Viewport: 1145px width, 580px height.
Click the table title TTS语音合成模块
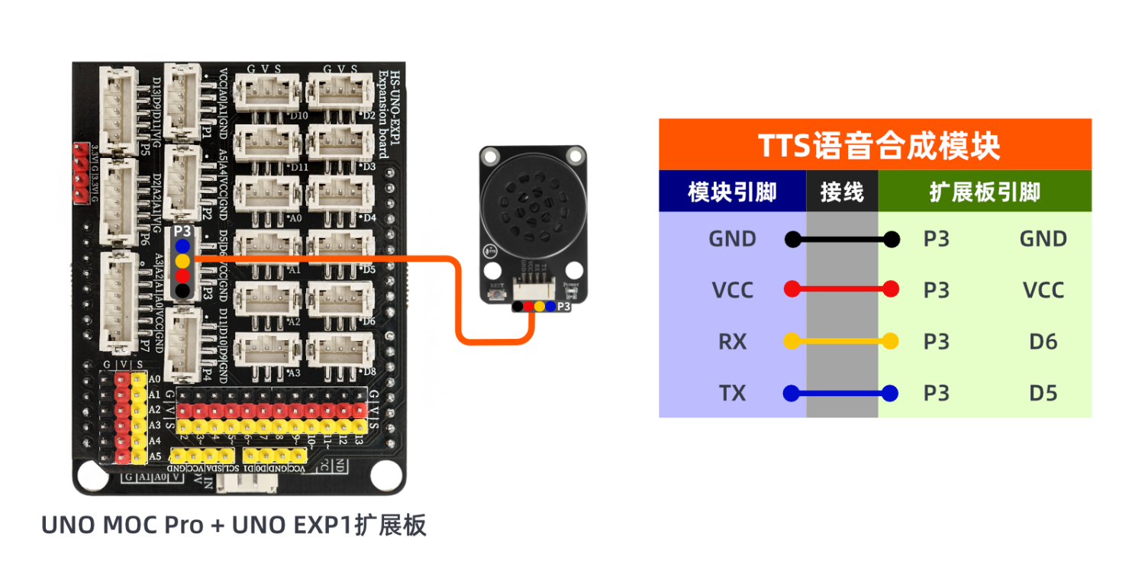point(875,145)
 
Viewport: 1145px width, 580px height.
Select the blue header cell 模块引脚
point(731,192)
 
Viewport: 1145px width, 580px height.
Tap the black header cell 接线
point(842,192)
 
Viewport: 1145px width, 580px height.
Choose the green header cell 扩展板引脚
point(985,192)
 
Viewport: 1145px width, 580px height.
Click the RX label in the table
point(732,342)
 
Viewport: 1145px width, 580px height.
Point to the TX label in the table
point(732,394)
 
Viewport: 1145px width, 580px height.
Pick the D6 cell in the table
point(1043,342)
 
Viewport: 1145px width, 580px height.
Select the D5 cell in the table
point(1043,394)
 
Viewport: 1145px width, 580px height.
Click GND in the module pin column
point(732,239)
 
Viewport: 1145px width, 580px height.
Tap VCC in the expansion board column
point(1043,291)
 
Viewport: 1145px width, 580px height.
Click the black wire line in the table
point(841,240)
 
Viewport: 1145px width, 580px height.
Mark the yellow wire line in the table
point(841,342)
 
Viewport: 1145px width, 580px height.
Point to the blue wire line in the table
point(841,394)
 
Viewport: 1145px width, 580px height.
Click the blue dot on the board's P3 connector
point(182,246)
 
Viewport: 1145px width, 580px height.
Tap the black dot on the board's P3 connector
point(182,290)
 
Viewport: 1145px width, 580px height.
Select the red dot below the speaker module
point(528,307)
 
